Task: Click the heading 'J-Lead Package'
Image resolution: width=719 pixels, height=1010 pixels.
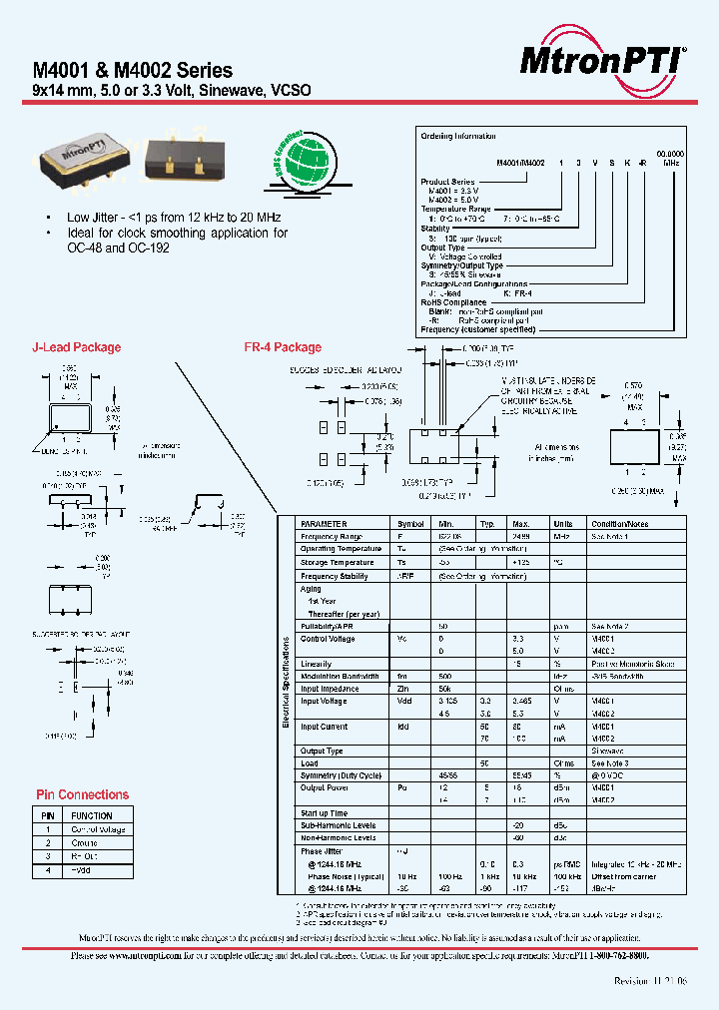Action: tap(77, 347)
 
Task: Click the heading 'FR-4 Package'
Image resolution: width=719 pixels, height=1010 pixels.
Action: tap(283, 347)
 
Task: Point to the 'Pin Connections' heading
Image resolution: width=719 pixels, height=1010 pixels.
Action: tap(82, 794)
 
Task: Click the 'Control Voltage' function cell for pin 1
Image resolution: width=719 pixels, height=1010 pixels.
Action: tap(98, 829)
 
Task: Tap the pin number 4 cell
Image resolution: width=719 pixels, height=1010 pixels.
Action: tap(47, 869)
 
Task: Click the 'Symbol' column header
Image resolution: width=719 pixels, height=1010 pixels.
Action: tap(410, 523)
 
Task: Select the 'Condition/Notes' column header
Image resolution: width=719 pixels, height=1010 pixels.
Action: tap(619, 523)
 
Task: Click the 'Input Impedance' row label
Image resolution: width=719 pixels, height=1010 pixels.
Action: tap(329, 689)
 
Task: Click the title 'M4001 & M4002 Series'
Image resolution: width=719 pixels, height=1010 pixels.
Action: tap(133, 71)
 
